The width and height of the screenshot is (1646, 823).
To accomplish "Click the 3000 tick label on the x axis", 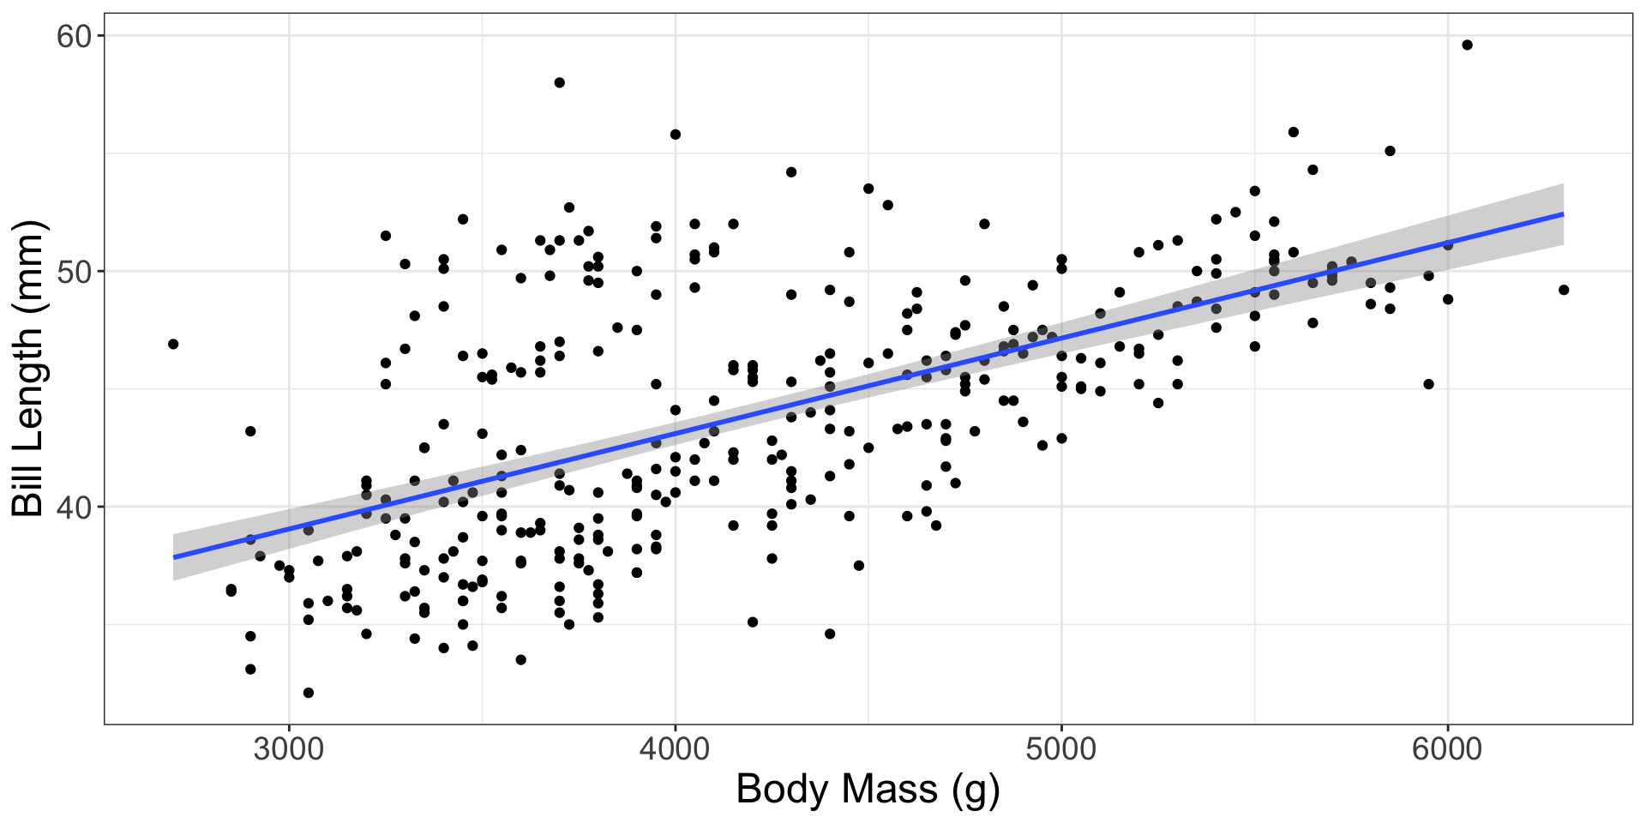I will tap(288, 749).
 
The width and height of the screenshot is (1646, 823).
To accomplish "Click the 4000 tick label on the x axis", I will tap(675, 749).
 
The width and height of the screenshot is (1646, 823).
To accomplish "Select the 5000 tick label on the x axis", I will tap(1061, 749).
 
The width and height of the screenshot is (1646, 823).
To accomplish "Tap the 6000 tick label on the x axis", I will tap(1447, 749).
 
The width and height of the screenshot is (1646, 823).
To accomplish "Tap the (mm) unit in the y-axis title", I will tap(29, 265).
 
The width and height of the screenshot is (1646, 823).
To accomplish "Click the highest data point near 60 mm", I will tap(1467, 45).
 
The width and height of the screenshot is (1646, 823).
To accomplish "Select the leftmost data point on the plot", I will tap(173, 344).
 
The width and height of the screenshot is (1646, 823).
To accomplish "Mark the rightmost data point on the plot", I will tap(1564, 290).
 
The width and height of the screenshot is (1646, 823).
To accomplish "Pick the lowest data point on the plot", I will tap(309, 693).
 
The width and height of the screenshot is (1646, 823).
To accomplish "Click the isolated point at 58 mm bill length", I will tap(560, 82).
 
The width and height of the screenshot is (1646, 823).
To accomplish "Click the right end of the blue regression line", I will tap(1563, 213).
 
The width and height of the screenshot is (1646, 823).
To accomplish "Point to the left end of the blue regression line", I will tap(174, 557).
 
